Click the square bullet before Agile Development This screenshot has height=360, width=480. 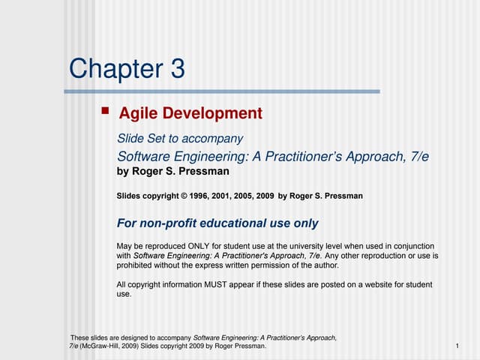[x=105, y=112]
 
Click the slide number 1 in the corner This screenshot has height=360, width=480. [x=457, y=346]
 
